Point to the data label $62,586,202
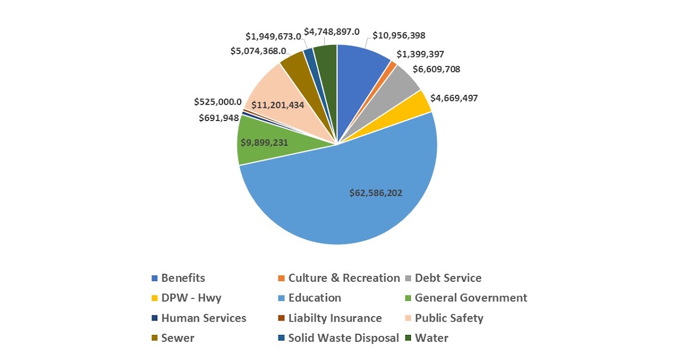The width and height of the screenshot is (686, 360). (376, 193)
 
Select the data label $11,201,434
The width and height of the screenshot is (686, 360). (278, 105)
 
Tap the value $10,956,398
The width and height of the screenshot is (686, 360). (398, 35)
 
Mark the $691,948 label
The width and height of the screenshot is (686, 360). (218, 118)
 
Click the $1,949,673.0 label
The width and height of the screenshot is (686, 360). (273, 36)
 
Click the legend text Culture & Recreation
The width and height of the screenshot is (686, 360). (344, 278)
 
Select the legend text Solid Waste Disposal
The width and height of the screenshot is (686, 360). (344, 338)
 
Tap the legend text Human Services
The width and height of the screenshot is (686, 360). (204, 318)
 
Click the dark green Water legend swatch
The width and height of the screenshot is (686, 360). (408, 338)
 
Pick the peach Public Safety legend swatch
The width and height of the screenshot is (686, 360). (408, 318)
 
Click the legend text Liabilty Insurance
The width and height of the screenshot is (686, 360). (334, 318)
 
